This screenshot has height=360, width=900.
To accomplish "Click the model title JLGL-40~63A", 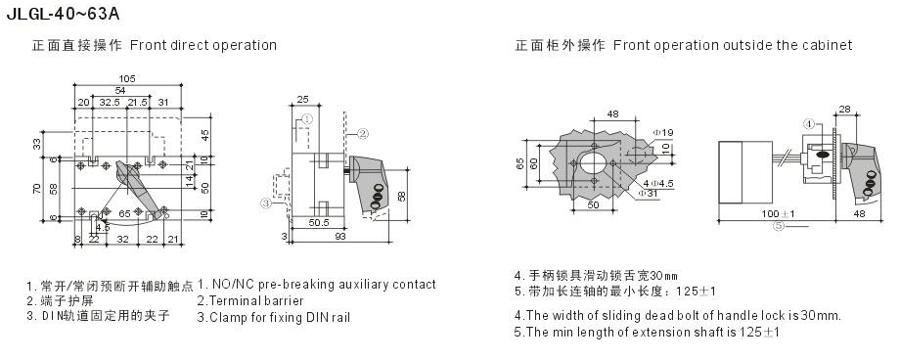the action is pos(64,14).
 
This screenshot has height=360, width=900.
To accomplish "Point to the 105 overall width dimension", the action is pos(127,78).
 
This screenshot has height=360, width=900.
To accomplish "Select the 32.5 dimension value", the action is pos(109,102).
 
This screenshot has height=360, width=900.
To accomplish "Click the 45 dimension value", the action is pos(204,136).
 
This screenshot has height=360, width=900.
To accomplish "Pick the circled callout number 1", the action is pos(306,119).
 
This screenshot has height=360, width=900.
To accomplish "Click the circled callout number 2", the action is pos(362,134).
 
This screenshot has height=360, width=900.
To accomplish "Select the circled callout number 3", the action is pos(265,202).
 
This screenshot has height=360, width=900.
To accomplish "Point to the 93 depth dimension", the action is pos(339,236).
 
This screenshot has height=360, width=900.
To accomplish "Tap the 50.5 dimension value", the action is pos(319,222).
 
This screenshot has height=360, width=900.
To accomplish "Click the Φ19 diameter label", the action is pos(663,133).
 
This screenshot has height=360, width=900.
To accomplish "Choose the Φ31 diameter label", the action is pos(648,194).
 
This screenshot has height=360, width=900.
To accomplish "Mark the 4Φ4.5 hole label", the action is pos(657,183).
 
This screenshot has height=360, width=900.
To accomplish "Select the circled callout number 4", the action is pos(808,123).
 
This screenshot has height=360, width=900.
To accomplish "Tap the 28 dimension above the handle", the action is pos(844,109).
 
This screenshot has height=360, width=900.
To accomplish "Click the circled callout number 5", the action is pos(778,226).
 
